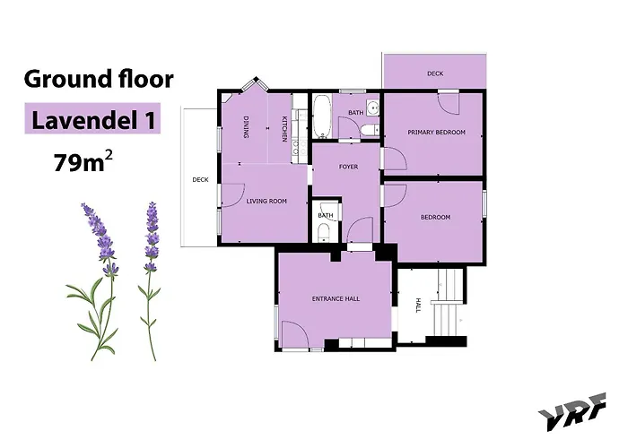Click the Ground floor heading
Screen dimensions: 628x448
99,79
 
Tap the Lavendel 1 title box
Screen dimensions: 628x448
92,118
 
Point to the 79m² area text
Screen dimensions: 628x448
83,160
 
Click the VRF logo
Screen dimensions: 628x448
572,411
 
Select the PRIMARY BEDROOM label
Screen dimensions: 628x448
436,132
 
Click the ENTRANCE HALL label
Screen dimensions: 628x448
336,298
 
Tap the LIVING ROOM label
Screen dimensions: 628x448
266,201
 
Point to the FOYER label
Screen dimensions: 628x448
348,167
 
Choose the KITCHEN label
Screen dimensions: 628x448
284,129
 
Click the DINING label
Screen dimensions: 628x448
246,127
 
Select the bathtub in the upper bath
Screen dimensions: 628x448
321,116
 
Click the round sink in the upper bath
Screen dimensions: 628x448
373,108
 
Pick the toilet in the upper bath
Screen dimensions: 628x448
369,130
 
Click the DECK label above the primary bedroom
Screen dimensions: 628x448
435,73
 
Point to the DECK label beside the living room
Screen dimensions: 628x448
200,179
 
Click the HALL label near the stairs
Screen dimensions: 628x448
419,305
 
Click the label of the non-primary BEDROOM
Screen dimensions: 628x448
435,217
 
